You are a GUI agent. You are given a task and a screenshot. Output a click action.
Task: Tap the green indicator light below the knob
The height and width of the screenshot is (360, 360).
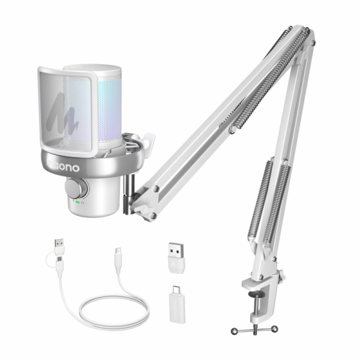[77, 203]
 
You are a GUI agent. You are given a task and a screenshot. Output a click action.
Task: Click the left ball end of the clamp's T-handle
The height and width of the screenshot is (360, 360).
[233, 330]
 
